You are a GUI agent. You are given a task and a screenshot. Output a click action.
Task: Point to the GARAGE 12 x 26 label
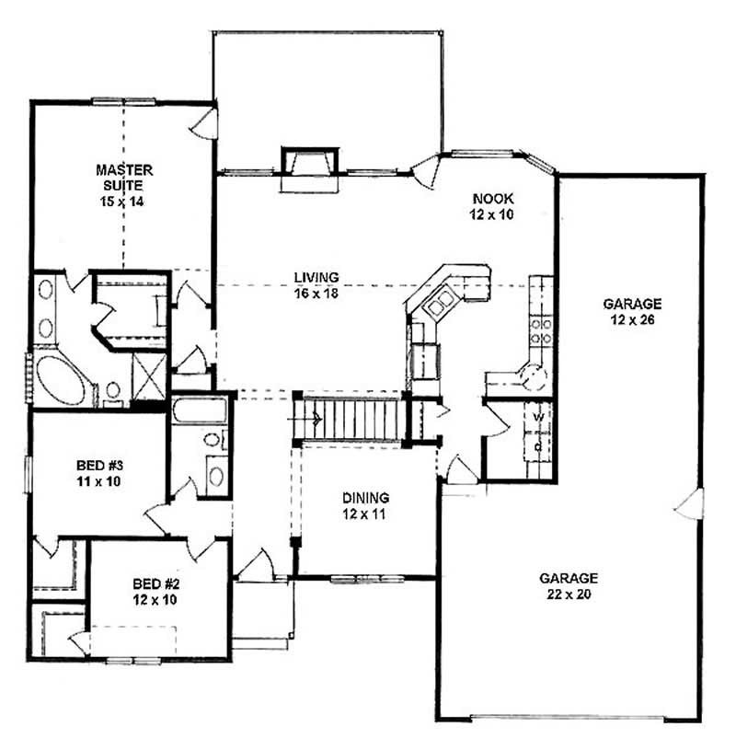point(631,310)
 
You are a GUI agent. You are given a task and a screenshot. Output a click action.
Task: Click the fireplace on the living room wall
point(311,166)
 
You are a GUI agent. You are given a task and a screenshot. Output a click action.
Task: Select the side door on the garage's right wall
point(691,503)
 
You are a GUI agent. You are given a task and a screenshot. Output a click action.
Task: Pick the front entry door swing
point(258,566)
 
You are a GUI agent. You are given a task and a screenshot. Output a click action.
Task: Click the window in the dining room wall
point(356,578)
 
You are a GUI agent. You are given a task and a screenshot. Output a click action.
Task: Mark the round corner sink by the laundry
point(532,375)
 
